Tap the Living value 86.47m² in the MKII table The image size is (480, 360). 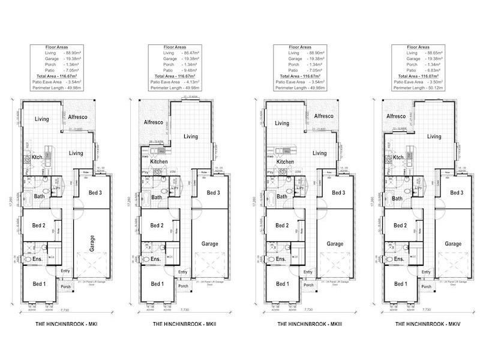click(193, 53)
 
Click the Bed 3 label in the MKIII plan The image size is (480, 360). click(338, 192)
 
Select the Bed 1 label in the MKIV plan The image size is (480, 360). click(396, 284)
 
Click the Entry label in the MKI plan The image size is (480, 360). click(65, 271)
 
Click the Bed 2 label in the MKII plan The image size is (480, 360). click(157, 225)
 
